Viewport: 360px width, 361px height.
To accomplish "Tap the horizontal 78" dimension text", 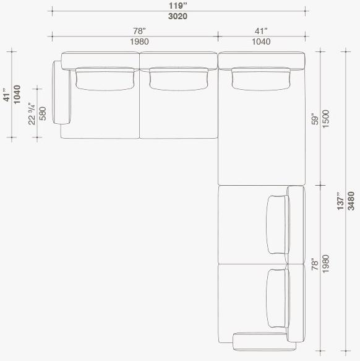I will [x=140, y=30].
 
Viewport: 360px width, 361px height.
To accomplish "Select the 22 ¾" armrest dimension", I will [x=32, y=113].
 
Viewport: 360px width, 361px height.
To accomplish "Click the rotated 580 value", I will [x=43, y=113].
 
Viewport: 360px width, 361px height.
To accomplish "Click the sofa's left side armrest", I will [x=62, y=92].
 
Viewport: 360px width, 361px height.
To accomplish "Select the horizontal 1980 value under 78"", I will [x=140, y=41].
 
